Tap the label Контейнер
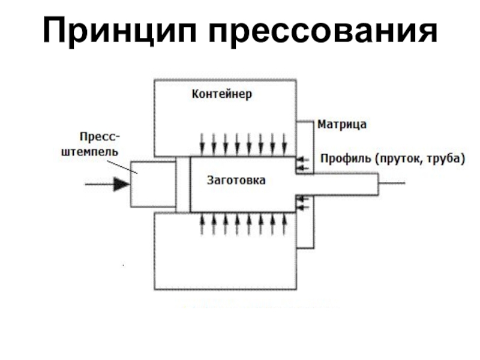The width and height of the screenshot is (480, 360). point(222,94)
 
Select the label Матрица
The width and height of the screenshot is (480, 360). point(342,125)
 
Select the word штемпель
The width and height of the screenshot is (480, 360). point(90,150)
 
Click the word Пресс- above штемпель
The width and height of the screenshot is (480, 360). point(98,136)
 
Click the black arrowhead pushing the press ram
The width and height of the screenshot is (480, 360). point(121,184)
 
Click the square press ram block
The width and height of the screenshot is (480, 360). point(153,184)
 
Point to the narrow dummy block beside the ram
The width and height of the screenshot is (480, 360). point(183,184)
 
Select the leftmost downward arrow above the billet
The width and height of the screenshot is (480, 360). point(203,142)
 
